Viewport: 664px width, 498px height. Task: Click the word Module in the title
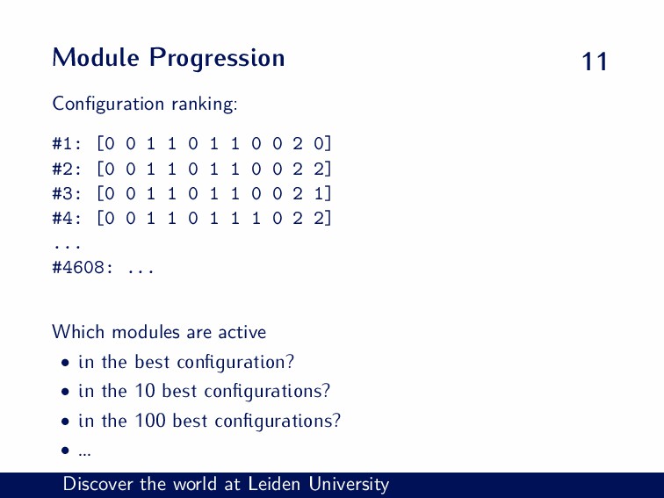coord(95,57)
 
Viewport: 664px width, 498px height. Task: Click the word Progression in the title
coord(217,59)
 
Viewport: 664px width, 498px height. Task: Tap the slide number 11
coord(595,61)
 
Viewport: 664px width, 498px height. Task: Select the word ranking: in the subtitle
coord(205,105)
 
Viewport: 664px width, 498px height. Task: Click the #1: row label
coord(67,143)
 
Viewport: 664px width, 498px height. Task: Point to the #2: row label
coord(67,169)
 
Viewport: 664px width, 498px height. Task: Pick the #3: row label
coord(67,193)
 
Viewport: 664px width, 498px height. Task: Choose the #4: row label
coord(67,218)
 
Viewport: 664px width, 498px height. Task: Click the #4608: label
coord(83,268)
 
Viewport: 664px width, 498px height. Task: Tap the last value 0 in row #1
coord(319,143)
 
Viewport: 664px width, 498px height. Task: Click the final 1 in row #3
coord(319,193)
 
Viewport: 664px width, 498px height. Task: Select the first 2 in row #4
coord(298,218)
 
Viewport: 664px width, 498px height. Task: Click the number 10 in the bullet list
coord(145,391)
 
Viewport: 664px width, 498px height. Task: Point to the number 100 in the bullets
coord(150,420)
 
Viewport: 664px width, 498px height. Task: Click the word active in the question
coord(242,332)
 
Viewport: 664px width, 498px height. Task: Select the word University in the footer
coord(349,485)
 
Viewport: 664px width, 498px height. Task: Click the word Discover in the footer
coord(97,484)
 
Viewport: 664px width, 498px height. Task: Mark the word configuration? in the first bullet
coord(235,363)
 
